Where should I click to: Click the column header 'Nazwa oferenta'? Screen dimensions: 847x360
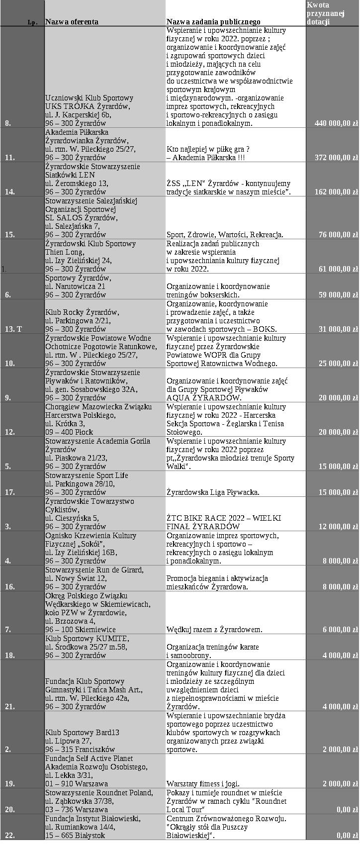coord(72,22)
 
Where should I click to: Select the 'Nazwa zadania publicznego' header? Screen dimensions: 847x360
coord(213,22)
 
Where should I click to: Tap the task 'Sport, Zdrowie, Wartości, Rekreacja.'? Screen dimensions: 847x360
coord(225,235)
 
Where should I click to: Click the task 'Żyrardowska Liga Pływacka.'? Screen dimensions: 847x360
coord(213,492)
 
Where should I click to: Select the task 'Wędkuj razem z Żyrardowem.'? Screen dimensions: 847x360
coord(214,630)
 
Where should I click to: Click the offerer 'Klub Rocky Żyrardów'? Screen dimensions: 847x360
coord(82,312)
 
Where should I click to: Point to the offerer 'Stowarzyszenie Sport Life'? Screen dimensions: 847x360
coord(87,475)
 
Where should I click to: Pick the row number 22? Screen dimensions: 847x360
coord(9,836)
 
